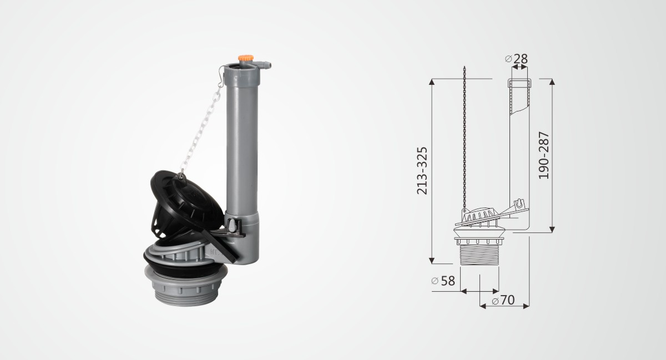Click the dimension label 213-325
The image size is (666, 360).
422,171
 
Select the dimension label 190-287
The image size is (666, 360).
544,155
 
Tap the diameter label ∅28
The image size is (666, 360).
517,59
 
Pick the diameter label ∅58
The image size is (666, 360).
443,281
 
